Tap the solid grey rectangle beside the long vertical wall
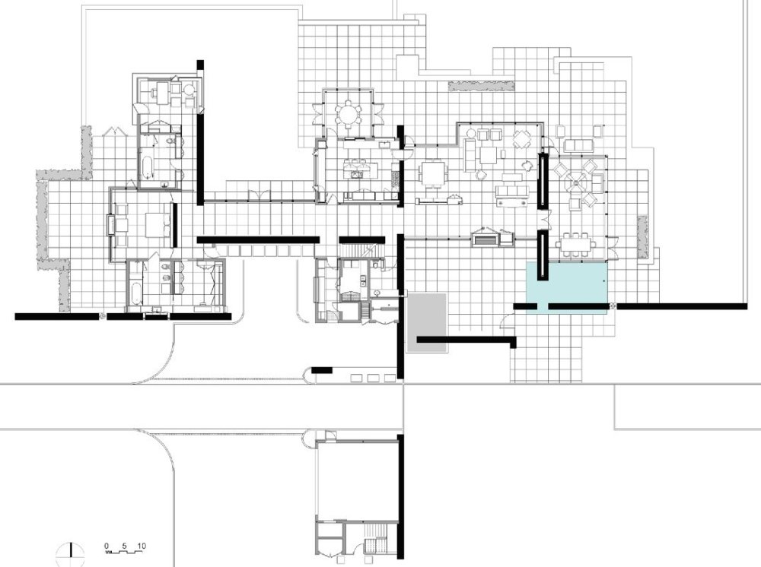427,322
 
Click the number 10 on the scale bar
142,546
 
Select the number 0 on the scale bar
107,546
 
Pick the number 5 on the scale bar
124,546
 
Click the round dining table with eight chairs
348,114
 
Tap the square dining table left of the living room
432,175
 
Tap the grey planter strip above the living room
482,86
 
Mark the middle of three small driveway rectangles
373,378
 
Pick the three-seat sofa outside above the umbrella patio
578,144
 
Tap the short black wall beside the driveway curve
321,370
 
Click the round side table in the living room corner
471,133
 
